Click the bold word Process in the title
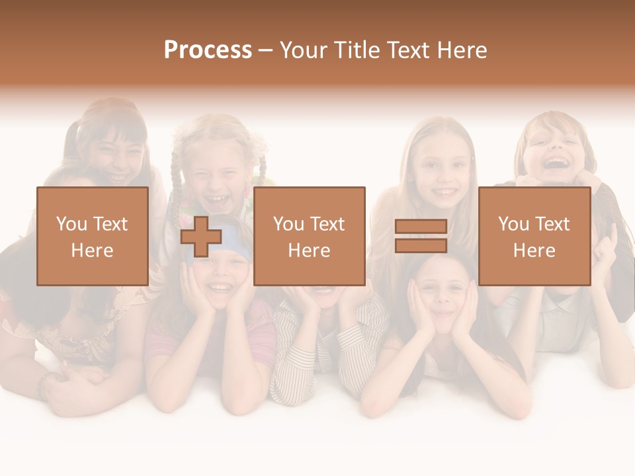coord(208,50)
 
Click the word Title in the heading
coord(357,50)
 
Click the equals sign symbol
coord(421,236)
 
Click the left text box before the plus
coord(93,236)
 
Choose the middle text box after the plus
coord(309,236)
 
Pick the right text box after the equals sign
coord(534,236)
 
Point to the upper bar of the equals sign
coord(421,227)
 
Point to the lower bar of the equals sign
coord(421,245)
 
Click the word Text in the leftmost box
coord(109,224)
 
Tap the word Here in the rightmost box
coord(534,250)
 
